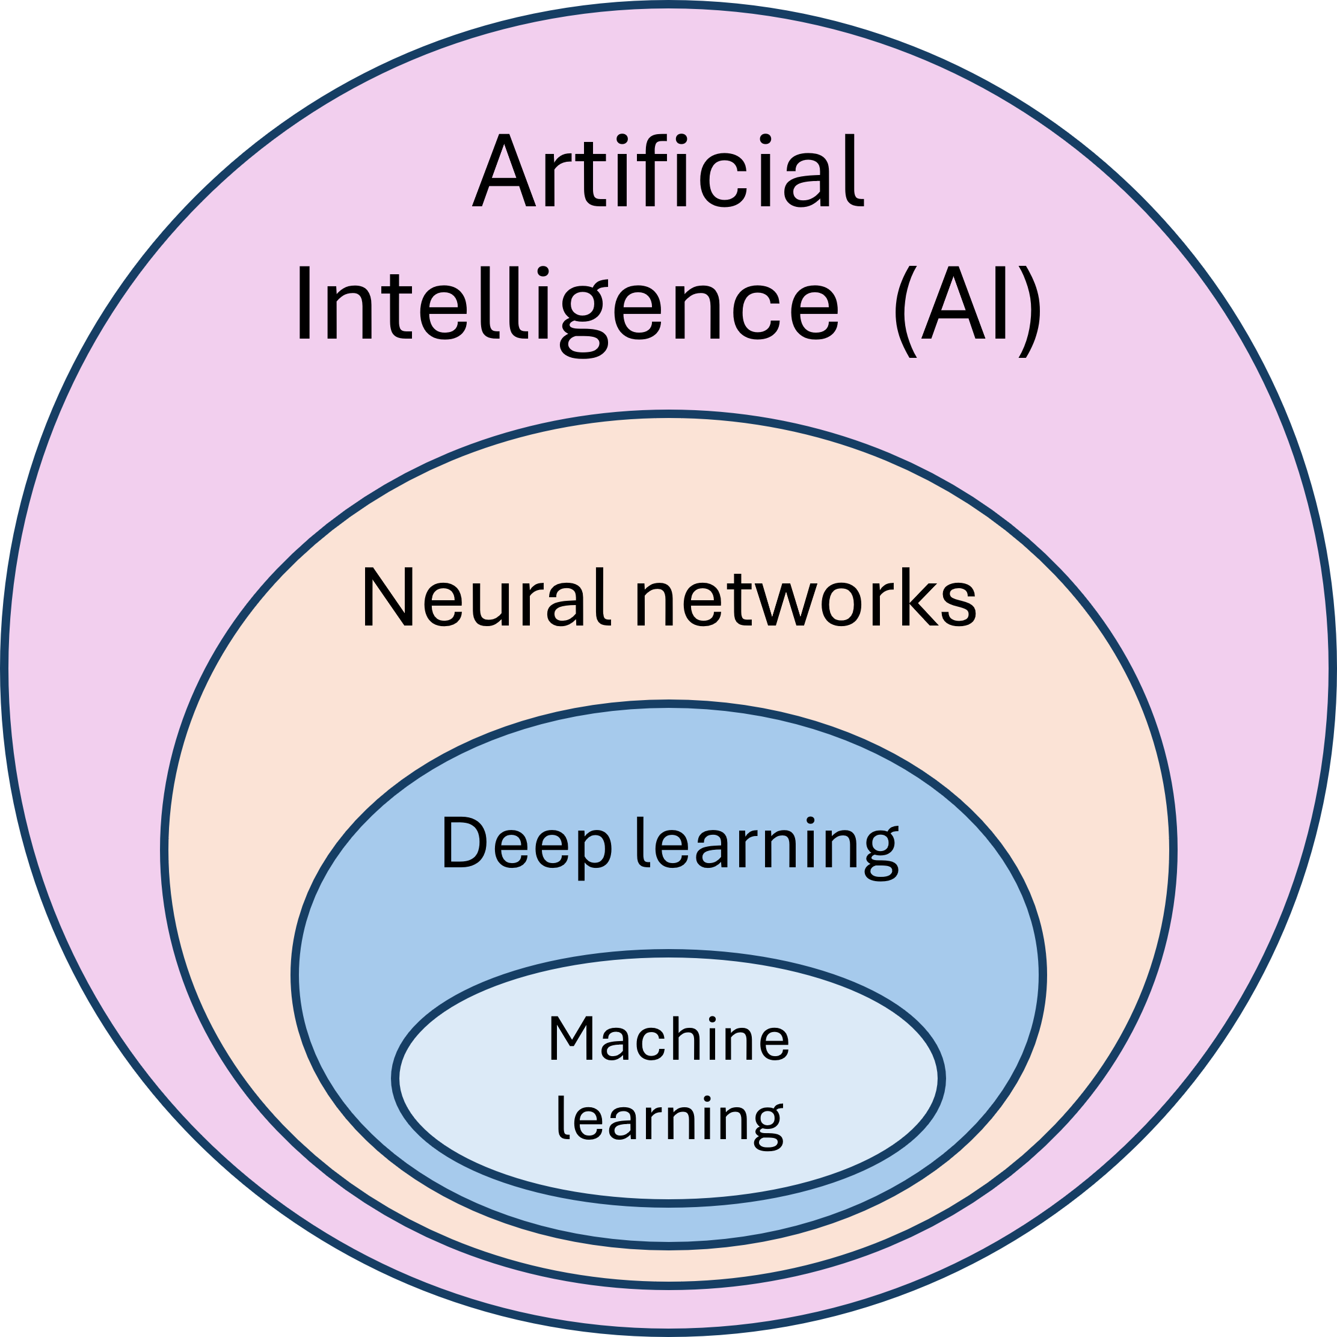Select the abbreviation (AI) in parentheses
pos(968,308)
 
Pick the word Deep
pos(526,844)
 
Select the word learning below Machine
pos(669,1119)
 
